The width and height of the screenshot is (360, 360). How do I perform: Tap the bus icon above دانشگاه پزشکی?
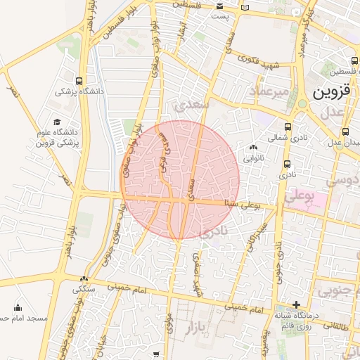79,80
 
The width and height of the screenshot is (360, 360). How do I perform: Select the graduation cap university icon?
57,122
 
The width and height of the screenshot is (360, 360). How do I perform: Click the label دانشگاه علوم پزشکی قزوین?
58,137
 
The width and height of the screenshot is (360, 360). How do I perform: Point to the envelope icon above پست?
218,7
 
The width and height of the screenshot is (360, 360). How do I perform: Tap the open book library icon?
244,8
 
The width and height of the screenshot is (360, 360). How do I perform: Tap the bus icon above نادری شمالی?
286,127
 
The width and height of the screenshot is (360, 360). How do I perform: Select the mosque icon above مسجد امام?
18,307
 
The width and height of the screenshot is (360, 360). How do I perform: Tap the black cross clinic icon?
297,305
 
